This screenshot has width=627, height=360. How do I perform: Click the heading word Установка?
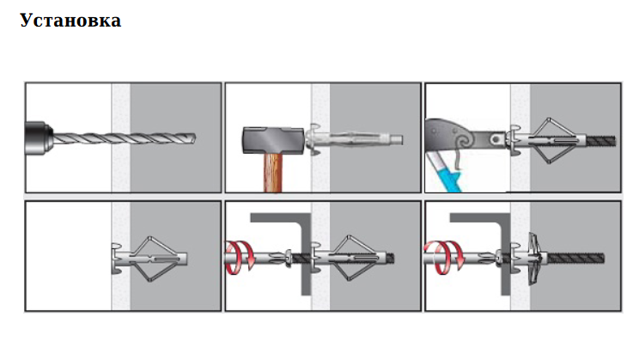[70, 21]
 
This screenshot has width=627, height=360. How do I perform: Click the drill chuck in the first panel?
[39, 138]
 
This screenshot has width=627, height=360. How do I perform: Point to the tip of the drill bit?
[195, 138]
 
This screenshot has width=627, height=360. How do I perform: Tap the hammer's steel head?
[273, 140]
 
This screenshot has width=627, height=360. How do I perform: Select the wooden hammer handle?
[273, 173]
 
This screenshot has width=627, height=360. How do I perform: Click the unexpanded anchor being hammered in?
[354, 139]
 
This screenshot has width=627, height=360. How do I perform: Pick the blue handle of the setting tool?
[445, 172]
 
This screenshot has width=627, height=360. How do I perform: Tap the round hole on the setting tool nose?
[496, 139]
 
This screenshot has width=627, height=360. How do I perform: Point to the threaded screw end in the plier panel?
[600, 140]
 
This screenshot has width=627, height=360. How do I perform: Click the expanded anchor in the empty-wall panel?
[149, 259]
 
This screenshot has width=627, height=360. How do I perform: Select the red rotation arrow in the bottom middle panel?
[240, 257]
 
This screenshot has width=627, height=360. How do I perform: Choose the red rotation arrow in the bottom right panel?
[444, 257]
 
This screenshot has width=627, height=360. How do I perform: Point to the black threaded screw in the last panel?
[575, 258]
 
